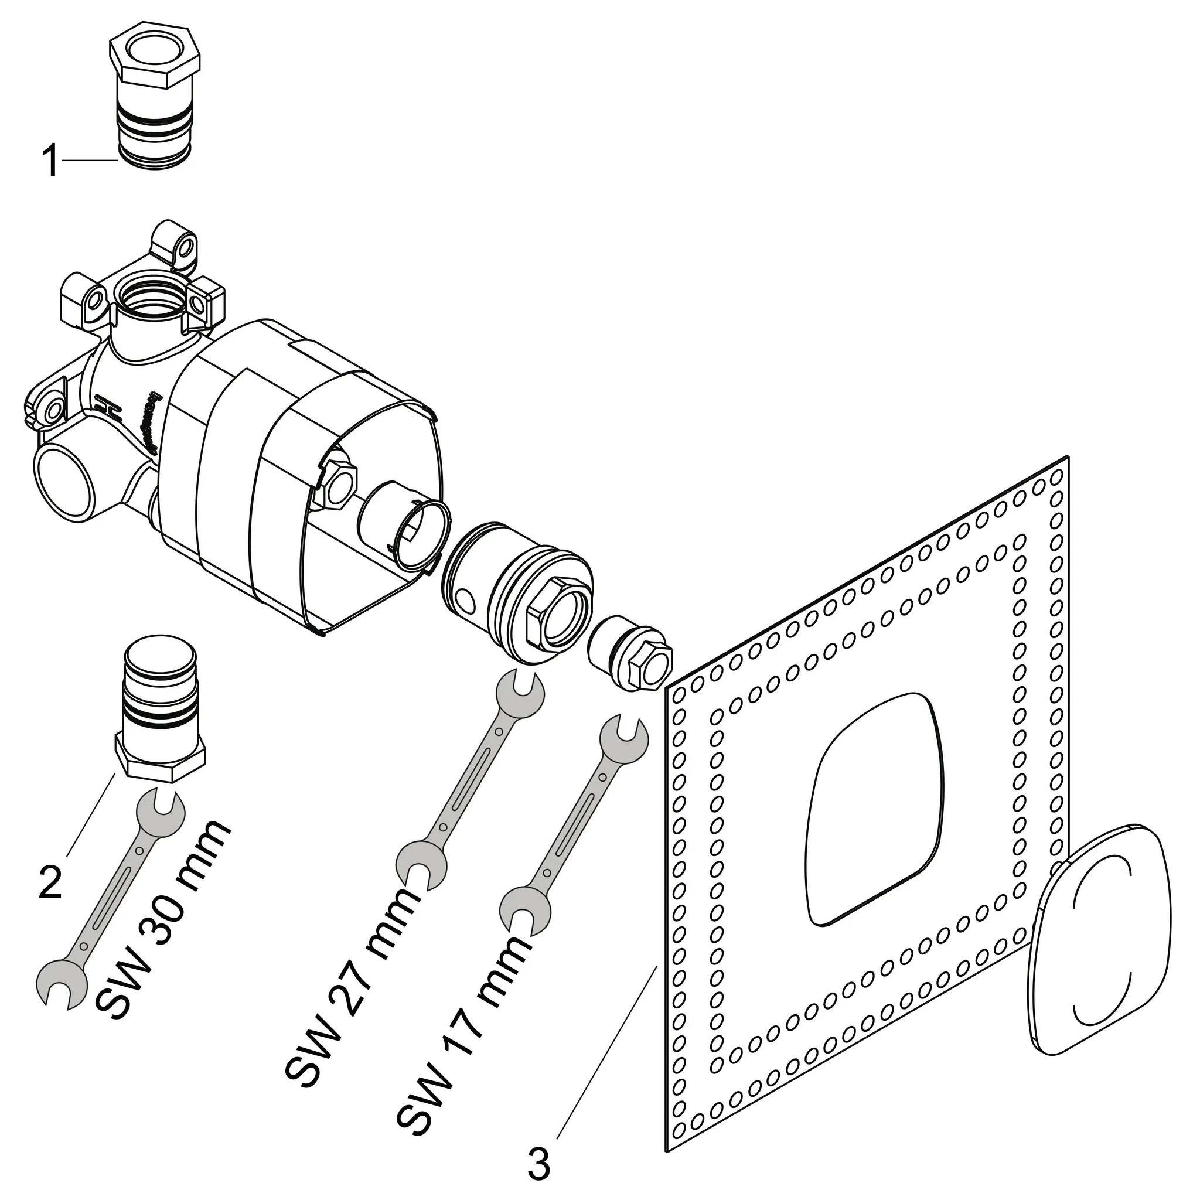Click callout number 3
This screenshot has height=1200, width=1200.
point(538,1164)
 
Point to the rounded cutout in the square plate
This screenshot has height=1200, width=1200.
point(876,807)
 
